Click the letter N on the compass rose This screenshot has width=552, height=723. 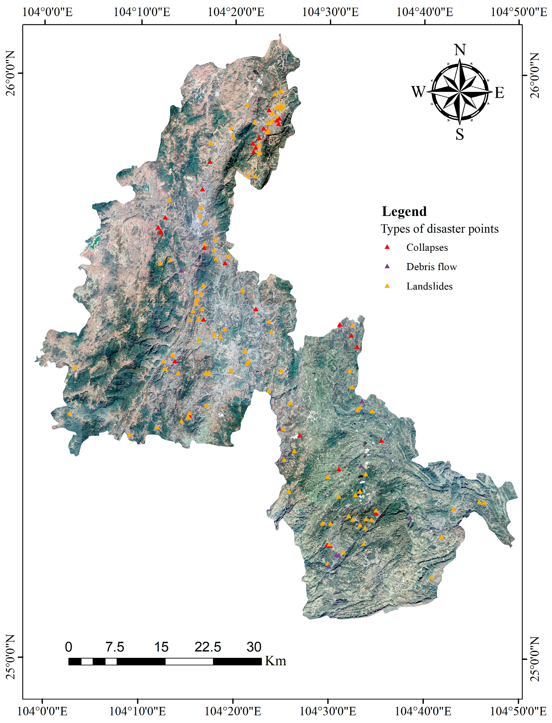tap(460, 50)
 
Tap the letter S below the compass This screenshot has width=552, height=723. tap(460, 134)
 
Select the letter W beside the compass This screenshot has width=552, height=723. tap(418, 92)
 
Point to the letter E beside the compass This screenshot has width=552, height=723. tap(500, 93)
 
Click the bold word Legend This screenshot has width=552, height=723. tap(404, 211)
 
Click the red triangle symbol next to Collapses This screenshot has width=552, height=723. tap(387, 247)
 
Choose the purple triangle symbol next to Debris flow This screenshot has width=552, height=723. tap(387, 266)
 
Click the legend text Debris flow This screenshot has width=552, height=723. tap(432, 267)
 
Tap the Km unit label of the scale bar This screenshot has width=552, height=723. tap(275, 661)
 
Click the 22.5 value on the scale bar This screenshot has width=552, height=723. tap(208, 647)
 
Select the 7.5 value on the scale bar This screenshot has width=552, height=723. tap(115, 647)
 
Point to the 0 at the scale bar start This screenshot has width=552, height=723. tap(68, 647)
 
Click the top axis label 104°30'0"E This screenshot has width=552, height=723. tap(330, 12)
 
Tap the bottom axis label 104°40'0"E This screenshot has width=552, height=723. tap(423, 711)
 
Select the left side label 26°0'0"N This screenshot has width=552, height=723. tap(11, 73)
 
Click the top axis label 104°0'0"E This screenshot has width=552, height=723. tap(47, 12)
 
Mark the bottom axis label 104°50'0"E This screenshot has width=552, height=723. tap(518, 711)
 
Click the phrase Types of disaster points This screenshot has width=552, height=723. tap(439, 229)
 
